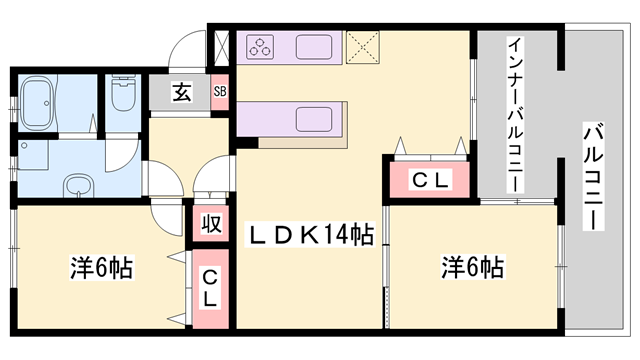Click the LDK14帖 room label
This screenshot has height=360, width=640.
(311, 236)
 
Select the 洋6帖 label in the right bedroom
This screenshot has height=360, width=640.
(473, 267)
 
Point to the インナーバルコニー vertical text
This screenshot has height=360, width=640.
(513, 115)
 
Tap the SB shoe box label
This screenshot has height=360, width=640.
(220, 92)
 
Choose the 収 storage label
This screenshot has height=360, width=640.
(211, 222)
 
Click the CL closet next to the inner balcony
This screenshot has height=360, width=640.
(431, 181)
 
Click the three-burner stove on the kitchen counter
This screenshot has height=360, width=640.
(262, 46)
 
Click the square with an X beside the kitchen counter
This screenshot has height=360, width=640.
(359, 46)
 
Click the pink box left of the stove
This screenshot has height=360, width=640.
(222, 46)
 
